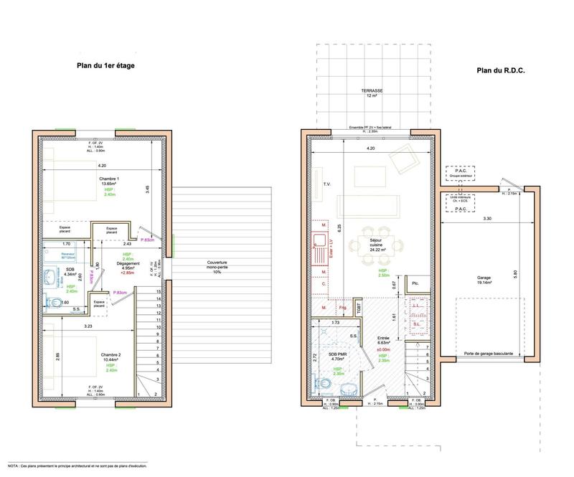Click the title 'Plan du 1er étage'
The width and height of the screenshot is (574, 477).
coord(106,65)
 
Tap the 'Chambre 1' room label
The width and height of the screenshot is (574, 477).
coord(109,179)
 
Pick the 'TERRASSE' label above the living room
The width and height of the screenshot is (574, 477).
coord(372,91)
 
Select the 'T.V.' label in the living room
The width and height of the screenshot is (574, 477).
coord(326,184)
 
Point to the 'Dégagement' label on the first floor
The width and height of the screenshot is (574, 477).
coord(130,265)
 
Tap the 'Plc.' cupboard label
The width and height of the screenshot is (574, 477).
coord(415,285)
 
